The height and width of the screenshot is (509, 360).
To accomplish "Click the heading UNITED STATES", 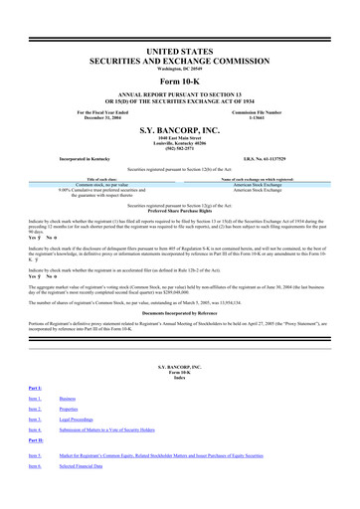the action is (179, 50).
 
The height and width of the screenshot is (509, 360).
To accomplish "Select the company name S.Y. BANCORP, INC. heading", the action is (179, 130).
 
